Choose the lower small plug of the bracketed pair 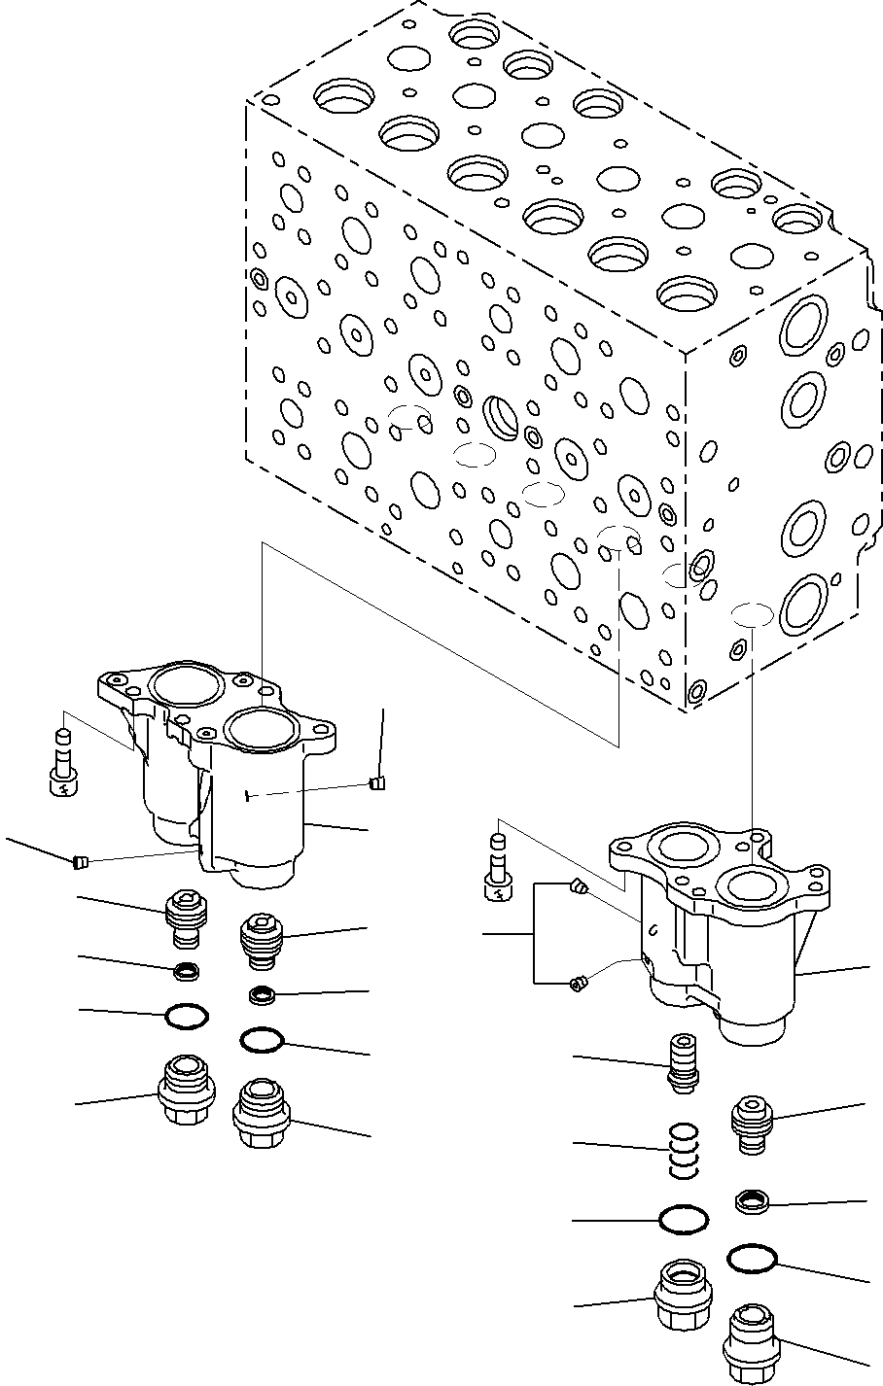[x=577, y=985]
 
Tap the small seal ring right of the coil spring [x=753, y=1202]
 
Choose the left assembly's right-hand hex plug [x=260, y=1112]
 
